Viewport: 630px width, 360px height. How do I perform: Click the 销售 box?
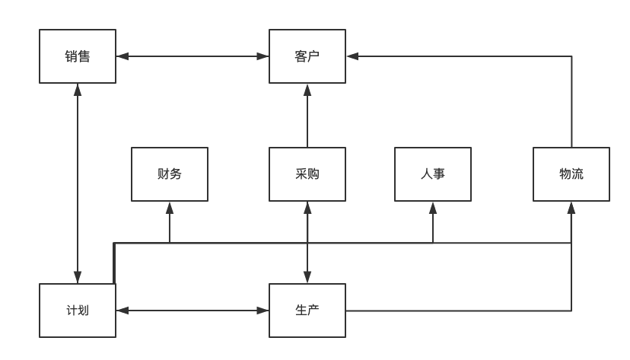(x=78, y=56)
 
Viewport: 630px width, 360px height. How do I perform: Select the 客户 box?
(x=307, y=56)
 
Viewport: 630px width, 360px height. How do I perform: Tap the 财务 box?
(x=170, y=174)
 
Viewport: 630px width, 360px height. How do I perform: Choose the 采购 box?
(x=307, y=174)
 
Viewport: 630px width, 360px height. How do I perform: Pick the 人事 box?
(x=433, y=174)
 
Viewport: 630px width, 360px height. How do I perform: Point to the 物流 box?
(x=571, y=174)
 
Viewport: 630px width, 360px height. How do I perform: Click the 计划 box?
(x=78, y=311)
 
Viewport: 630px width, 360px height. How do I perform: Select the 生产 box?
(x=307, y=311)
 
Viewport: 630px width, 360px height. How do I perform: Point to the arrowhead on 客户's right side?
(x=352, y=56)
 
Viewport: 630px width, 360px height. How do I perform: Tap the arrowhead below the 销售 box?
(x=78, y=90)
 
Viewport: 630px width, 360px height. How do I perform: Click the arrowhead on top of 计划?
(x=78, y=277)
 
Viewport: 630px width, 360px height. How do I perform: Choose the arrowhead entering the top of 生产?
(x=307, y=277)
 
